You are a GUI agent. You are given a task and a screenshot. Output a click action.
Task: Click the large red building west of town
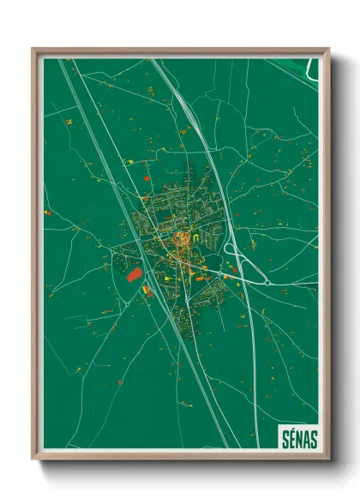(135, 274)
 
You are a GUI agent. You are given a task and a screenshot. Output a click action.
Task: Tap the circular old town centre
(182, 239)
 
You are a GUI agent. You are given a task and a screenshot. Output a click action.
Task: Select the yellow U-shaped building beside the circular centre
(196, 237)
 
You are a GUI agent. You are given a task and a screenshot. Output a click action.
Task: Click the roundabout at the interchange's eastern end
(267, 281)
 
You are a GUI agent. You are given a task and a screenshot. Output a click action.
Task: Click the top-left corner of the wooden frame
(33, 50)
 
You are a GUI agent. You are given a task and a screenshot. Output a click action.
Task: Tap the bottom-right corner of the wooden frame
(328, 458)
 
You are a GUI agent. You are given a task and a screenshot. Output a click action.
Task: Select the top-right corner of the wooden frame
(328, 50)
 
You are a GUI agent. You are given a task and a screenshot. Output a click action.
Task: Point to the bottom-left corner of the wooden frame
(33, 458)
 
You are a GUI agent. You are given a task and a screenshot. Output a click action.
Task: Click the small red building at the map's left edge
(48, 213)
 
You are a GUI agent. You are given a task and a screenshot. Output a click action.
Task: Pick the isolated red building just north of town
(147, 177)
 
